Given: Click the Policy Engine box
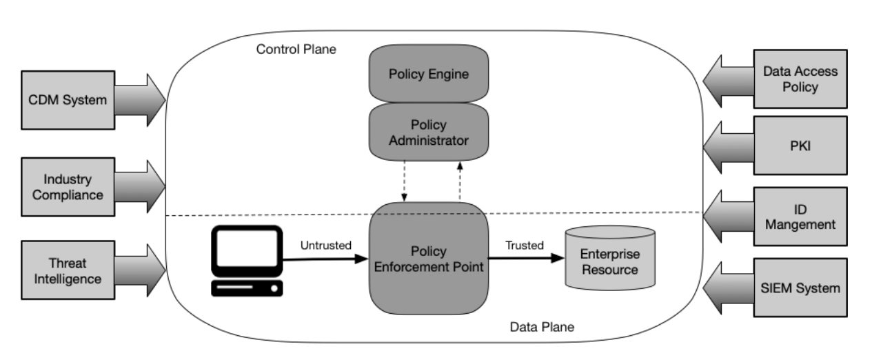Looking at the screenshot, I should [x=429, y=74].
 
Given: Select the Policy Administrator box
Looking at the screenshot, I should [x=429, y=132].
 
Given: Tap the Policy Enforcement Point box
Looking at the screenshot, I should [x=428, y=259].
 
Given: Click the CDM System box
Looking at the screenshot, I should [x=67, y=101].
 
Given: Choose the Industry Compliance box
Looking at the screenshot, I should [x=67, y=187].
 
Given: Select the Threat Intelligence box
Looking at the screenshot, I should [x=67, y=270].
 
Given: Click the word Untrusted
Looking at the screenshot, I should [x=325, y=245].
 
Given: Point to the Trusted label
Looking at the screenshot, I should [x=524, y=245].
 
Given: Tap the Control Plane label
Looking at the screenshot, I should [x=296, y=50].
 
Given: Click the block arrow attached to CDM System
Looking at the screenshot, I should [x=139, y=101].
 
